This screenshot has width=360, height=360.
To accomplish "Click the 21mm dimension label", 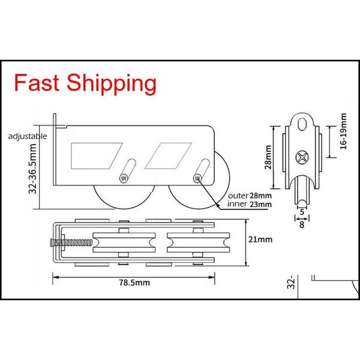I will coord(261,240).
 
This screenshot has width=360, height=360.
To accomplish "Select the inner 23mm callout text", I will coord(250,204).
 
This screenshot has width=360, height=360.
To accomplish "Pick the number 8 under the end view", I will coord(302,225).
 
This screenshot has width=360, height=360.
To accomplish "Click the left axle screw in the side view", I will coord(124,178).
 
